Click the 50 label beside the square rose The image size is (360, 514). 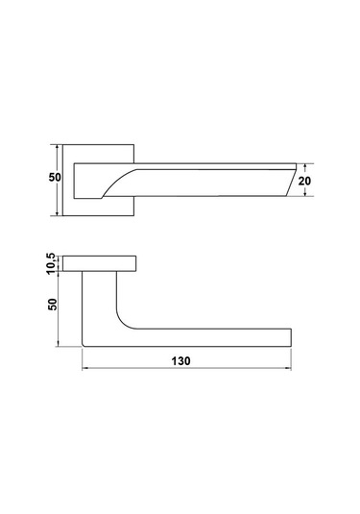(55, 178)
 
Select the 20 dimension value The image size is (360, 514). (304, 181)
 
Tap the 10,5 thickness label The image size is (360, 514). (52, 263)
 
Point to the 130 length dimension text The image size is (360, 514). (180, 361)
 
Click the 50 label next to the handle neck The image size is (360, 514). (53, 305)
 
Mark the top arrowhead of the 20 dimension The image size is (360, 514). (305, 166)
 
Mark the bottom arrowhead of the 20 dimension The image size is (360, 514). (305, 194)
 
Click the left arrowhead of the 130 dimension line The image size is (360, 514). (84, 369)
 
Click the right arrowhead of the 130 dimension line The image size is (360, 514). (288, 369)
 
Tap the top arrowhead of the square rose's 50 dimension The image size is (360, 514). (58, 147)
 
